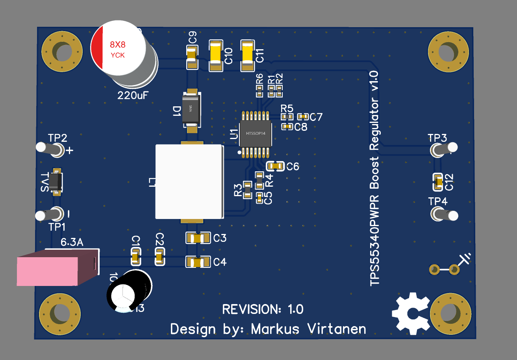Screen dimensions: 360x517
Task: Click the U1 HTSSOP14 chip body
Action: (x=255, y=133)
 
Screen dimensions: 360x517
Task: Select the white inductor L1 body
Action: (x=189, y=181)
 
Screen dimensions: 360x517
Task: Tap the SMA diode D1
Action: (x=192, y=109)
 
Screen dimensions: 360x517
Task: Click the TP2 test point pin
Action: (x=50, y=148)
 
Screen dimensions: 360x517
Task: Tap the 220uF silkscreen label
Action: (x=133, y=95)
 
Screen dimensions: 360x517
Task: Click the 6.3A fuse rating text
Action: (x=72, y=243)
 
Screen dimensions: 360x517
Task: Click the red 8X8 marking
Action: (x=117, y=44)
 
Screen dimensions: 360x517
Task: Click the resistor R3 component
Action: (x=247, y=190)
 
